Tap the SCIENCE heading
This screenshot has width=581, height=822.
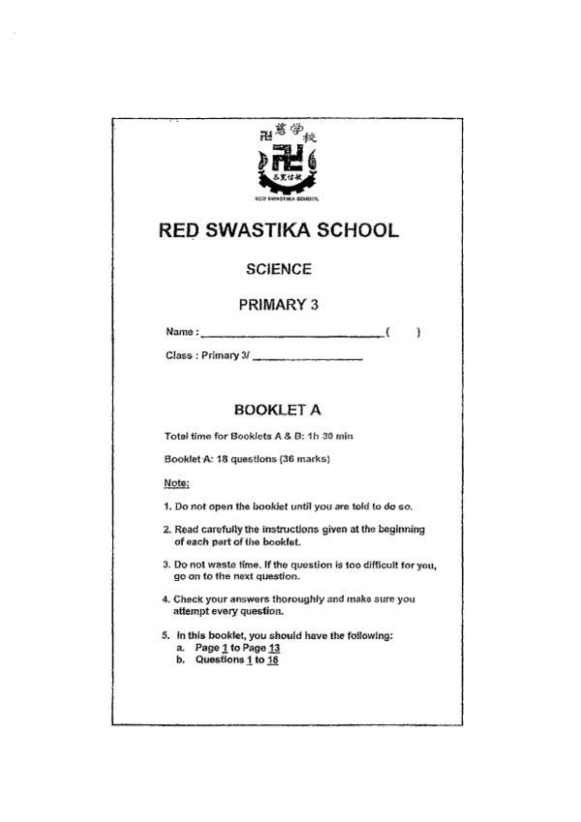point(278,269)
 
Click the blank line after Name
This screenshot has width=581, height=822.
point(290,335)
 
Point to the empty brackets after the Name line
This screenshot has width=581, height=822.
point(402,332)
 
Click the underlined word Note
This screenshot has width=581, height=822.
point(176,482)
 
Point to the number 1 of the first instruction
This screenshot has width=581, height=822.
point(168,506)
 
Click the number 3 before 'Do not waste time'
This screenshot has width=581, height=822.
point(168,563)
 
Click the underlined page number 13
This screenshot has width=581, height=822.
point(274,649)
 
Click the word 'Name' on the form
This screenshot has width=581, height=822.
point(180,333)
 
